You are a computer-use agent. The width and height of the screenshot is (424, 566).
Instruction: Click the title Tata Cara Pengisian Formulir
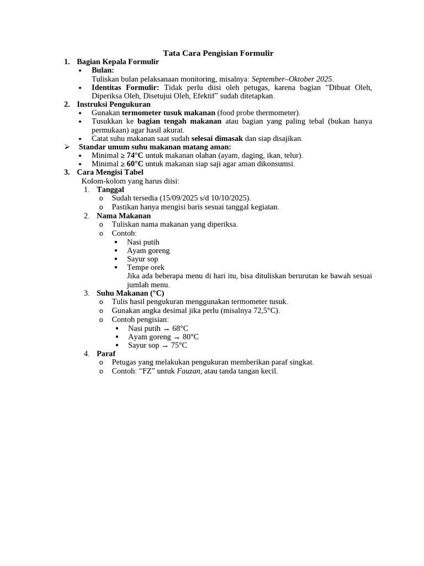(218, 53)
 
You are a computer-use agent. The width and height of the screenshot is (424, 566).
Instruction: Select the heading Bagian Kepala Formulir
(118, 62)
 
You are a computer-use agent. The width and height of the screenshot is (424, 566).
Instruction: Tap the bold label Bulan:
(103, 70)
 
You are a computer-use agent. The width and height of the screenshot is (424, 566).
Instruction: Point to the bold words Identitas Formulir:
(125, 87)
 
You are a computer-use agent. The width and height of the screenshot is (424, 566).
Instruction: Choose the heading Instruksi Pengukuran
(114, 104)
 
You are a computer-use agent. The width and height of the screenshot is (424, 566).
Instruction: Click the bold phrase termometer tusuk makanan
(168, 113)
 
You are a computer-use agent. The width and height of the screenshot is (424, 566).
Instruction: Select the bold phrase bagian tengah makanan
(179, 121)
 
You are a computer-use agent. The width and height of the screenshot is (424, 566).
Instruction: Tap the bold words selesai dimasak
(217, 139)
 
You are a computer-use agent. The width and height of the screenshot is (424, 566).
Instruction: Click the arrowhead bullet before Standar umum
(67, 147)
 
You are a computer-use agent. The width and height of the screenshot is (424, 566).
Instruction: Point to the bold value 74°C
(135, 156)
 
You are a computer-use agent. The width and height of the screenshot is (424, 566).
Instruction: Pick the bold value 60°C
(135, 164)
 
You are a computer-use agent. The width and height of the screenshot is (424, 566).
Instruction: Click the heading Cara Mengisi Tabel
(110, 172)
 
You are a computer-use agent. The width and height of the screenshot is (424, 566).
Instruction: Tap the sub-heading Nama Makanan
(124, 216)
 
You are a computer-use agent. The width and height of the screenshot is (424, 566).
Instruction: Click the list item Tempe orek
(146, 268)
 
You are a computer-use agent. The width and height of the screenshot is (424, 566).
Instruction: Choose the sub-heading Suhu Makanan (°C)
(130, 293)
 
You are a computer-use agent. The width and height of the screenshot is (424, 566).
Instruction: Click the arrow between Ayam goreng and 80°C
(177, 337)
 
